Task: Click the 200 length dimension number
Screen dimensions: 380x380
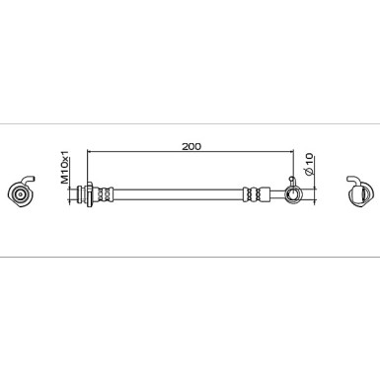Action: pyautogui.click(x=191, y=146)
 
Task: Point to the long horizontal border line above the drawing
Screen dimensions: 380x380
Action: pyautogui.click(x=190, y=122)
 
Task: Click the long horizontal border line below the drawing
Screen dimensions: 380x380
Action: pyautogui.click(x=190, y=259)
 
